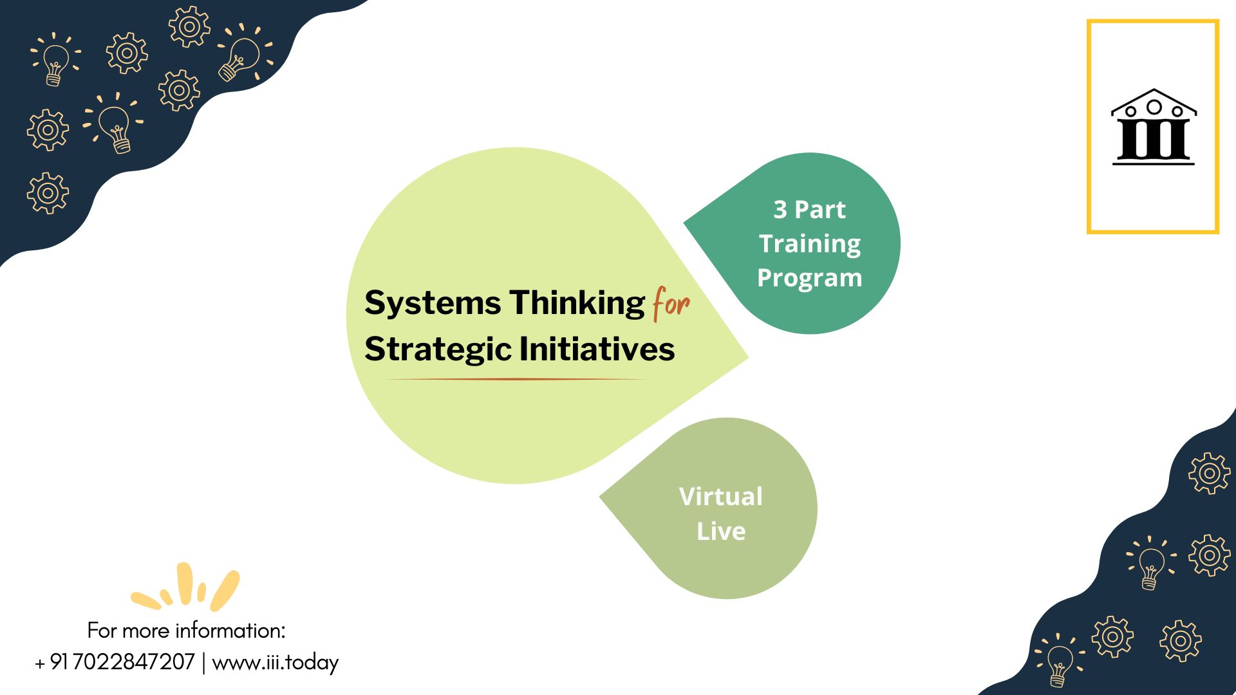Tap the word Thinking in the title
577,303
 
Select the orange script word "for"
671,304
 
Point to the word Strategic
438,350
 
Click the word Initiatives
597,349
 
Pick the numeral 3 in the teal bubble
780,210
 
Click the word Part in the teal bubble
820,210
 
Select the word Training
810,245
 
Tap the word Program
810,279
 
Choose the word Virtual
721,496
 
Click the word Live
721,531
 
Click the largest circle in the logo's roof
1154,107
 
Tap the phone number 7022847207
134,662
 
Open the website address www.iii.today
275,662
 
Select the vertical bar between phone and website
203,662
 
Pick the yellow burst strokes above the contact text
185,587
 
